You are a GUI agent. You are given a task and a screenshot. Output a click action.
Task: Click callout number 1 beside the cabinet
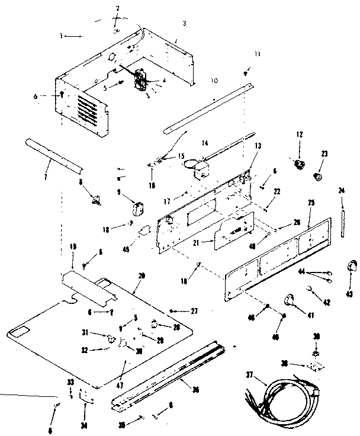pos(61,36)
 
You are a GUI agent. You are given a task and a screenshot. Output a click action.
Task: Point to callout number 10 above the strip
pos(214,79)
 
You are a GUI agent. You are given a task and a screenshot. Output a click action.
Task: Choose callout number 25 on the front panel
pos(312,203)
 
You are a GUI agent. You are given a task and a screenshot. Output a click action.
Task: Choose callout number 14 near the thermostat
pos(205,143)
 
